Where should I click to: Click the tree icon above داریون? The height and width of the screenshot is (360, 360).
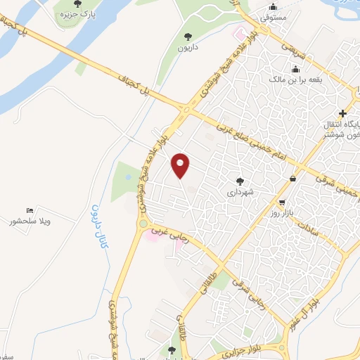187,37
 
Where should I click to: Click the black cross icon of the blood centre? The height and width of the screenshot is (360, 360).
342,113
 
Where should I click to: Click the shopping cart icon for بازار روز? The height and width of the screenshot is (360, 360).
292,179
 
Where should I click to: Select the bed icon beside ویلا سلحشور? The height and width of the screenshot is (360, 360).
30,210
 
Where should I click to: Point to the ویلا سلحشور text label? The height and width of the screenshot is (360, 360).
42,221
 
